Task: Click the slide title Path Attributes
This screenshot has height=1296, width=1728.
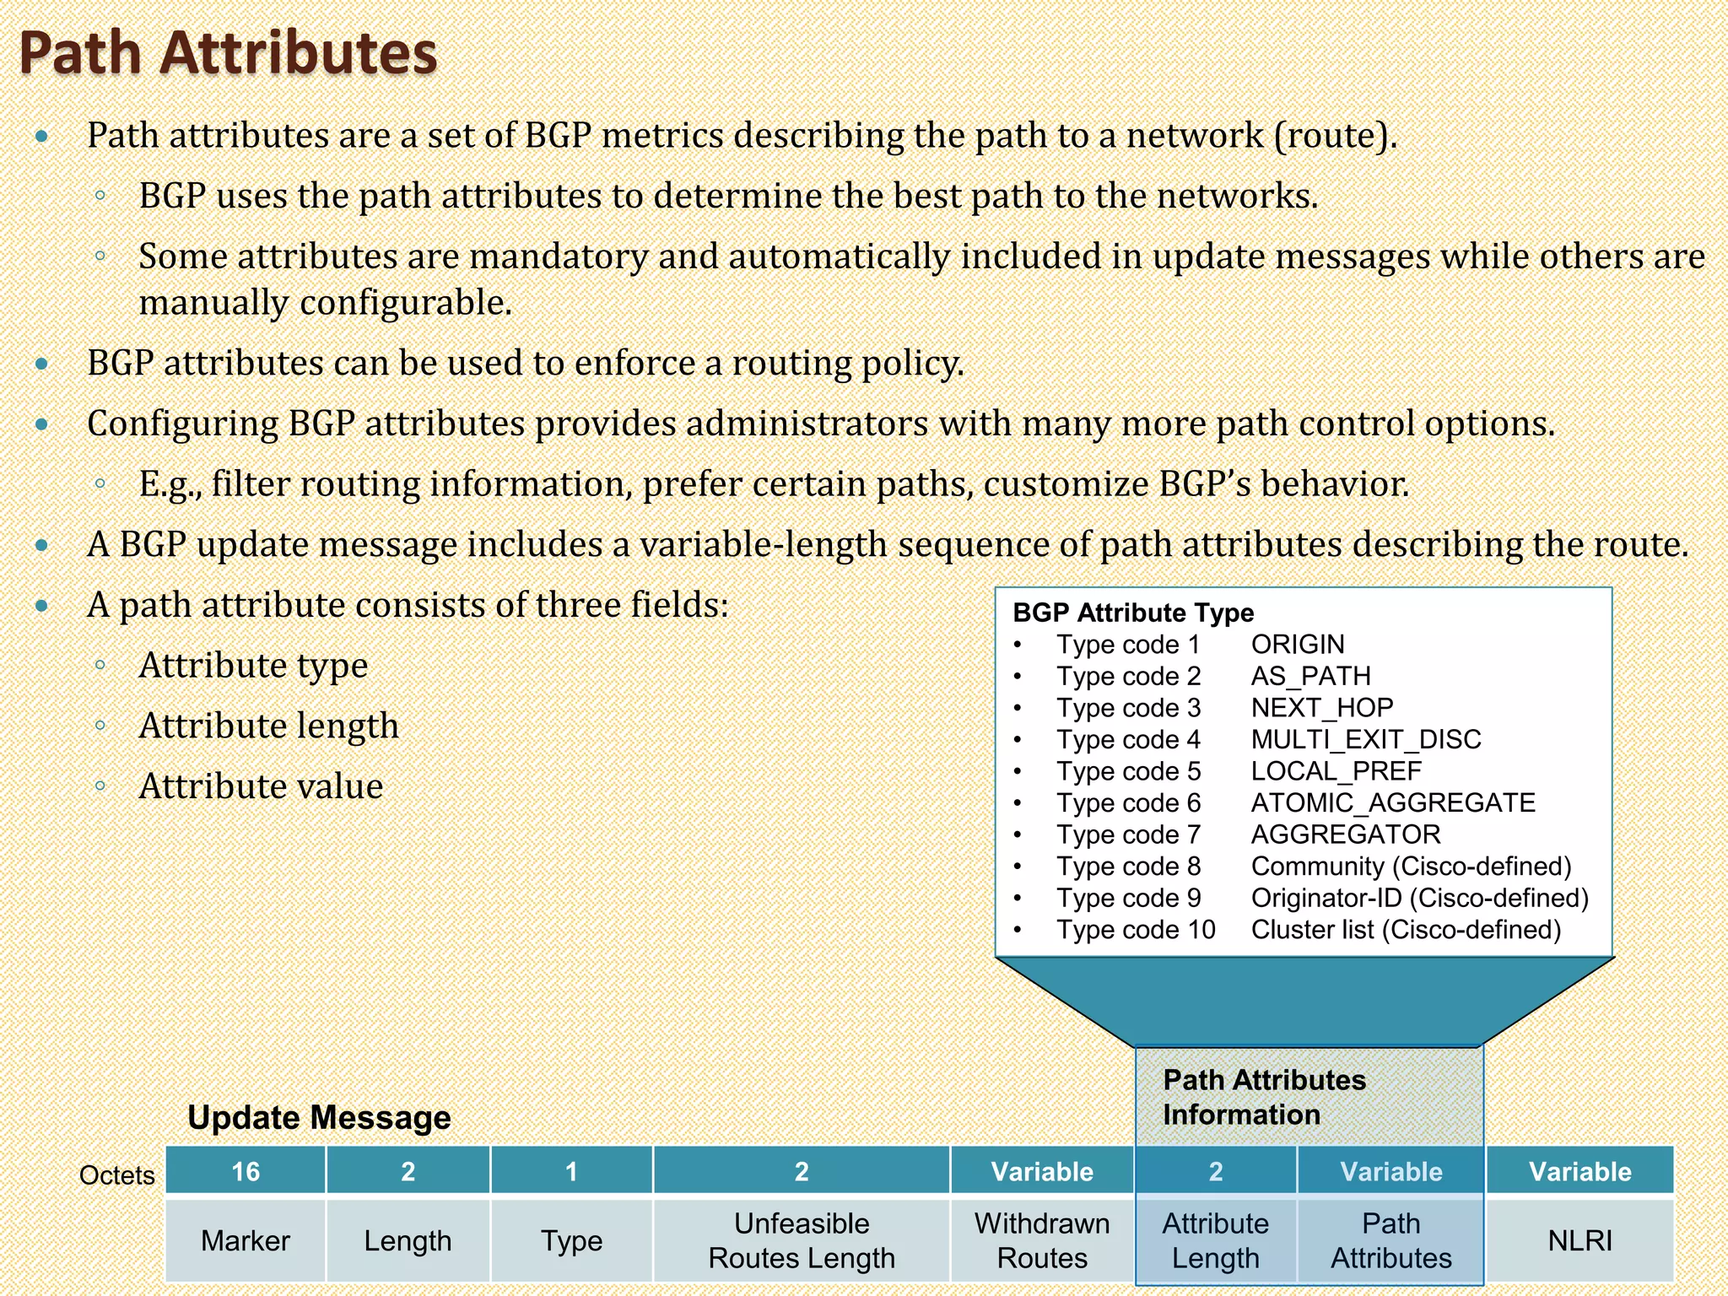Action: (228, 52)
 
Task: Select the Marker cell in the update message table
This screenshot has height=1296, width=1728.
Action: (246, 1240)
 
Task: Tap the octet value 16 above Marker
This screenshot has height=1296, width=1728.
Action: (246, 1171)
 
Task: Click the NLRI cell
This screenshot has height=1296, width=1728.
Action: (1579, 1240)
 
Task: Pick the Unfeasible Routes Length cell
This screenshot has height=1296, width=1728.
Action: (802, 1240)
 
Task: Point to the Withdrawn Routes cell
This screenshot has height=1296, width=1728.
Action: (1042, 1240)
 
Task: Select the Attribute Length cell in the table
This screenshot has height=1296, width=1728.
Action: (1215, 1240)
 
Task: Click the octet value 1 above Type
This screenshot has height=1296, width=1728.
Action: (571, 1171)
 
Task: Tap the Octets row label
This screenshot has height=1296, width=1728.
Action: (116, 1175)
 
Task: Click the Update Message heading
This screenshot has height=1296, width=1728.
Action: (319, 1117)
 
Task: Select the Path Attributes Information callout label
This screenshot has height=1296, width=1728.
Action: (1263, 1097)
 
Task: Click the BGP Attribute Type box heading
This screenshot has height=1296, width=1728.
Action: (1132, 613)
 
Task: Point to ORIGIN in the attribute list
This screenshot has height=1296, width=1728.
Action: (1297, 645)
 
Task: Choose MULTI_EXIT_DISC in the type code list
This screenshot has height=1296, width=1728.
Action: (1365, 739)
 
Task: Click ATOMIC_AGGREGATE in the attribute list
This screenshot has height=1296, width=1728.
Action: (1392, 802)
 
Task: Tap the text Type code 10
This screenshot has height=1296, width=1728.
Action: (1136, 930)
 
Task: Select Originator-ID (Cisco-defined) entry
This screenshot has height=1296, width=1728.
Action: (1419, 898)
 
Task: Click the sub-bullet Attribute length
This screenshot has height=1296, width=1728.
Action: (268, 726)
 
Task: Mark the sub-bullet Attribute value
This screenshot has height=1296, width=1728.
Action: (261, 786)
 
